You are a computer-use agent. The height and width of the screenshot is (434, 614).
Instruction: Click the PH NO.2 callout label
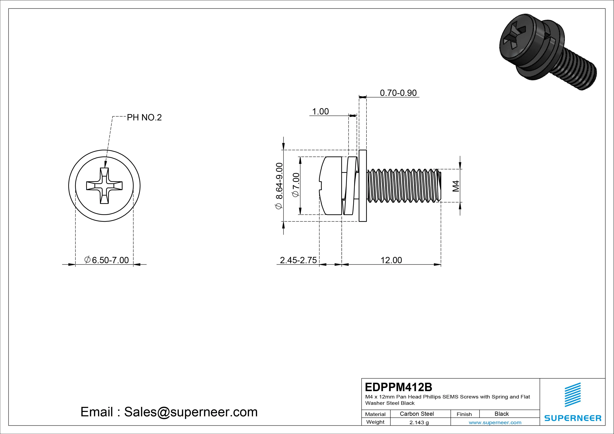144,117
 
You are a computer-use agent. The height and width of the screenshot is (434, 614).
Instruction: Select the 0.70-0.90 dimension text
398,93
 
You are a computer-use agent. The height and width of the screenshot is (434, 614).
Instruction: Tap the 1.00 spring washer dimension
320,111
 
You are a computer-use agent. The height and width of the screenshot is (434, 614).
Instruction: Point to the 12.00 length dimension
391,260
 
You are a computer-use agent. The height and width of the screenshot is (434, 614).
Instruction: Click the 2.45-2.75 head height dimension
298,260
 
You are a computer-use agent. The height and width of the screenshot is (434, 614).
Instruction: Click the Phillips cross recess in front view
104,186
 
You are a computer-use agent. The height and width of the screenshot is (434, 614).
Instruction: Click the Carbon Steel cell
417,414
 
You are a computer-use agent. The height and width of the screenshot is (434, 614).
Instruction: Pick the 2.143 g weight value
419,422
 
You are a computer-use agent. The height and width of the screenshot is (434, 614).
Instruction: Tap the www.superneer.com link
495,422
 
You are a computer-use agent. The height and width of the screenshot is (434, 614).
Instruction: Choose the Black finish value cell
501,414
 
